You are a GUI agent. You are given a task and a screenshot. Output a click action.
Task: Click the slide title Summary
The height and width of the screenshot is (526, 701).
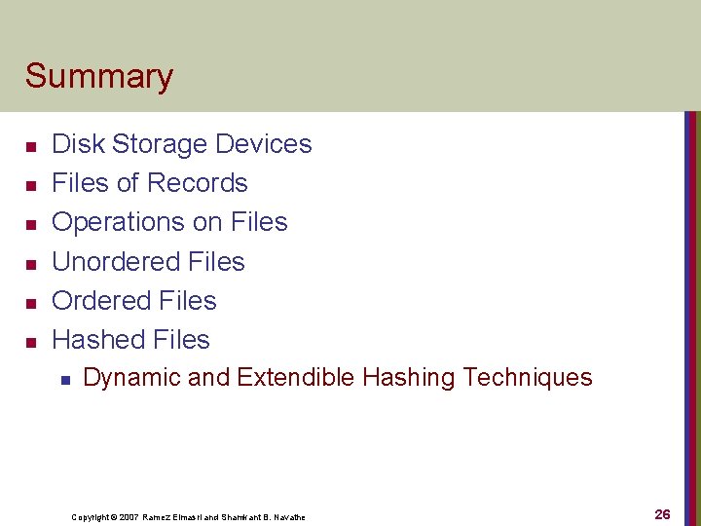click(99, 76)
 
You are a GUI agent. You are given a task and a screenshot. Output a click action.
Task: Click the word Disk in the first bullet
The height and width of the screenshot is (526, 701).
click(78, 144)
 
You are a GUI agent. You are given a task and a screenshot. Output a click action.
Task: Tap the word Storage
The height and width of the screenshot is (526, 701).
click(159, 144)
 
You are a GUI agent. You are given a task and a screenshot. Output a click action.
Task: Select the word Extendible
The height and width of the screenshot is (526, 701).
click(295, 378)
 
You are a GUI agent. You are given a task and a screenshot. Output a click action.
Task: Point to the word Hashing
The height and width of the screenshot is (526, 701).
click(409, 378)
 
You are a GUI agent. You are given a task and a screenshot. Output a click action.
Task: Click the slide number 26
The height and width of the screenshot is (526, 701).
click(662, 514)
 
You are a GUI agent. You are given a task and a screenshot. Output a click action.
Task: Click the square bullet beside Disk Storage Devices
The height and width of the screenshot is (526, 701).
click(31, 146)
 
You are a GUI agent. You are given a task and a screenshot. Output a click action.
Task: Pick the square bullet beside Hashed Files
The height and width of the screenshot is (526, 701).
click(31, 342)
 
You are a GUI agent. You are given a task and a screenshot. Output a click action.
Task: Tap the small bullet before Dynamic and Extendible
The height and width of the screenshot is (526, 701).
click(63, 380)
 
